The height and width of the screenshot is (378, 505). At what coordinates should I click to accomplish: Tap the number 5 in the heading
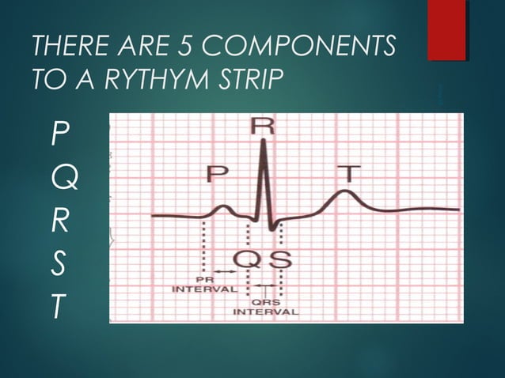(x=186, y=48)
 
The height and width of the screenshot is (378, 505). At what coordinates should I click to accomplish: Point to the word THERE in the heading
(x=66, y=48)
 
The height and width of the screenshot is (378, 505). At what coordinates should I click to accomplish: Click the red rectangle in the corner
(x=446, y=29)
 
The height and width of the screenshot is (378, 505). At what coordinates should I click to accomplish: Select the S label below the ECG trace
(x=281, y=258)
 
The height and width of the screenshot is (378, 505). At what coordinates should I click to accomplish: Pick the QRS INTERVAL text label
(x=265, y=307)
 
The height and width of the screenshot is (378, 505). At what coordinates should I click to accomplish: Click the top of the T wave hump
(x=344, y=191)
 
